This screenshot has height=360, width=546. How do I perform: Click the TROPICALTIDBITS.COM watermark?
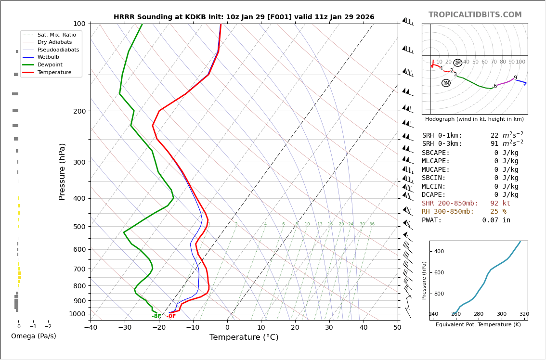tap(475, 15)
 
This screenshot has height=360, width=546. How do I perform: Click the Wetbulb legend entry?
tap(48, 57)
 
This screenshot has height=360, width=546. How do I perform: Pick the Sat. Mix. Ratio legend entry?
tap(56, 35)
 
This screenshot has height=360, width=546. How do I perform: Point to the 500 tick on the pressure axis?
tap(79, 227)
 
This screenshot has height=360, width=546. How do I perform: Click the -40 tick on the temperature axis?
tap(91, 328)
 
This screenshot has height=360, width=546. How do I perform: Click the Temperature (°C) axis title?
tap(244, 337)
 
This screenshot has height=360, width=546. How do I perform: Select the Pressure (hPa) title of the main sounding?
tap(63, 171)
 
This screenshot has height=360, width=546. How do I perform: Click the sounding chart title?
tap(244, 17)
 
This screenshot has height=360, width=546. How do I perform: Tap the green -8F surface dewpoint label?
tap(156, 316)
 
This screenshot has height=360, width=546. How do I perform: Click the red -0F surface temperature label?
tap(171, 316)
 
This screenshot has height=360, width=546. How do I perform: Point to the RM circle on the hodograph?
tap(446, 83)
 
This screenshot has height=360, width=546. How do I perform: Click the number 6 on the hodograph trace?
tap(495, 86)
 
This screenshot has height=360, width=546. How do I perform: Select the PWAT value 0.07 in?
tap(496, 220)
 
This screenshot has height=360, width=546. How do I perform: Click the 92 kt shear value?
tap(500, 204)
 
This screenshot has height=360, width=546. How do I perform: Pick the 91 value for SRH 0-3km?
tap(494, 144)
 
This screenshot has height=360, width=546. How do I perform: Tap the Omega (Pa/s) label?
tap(34, 336)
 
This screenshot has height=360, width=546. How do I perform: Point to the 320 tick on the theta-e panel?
tap(524, 314)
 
